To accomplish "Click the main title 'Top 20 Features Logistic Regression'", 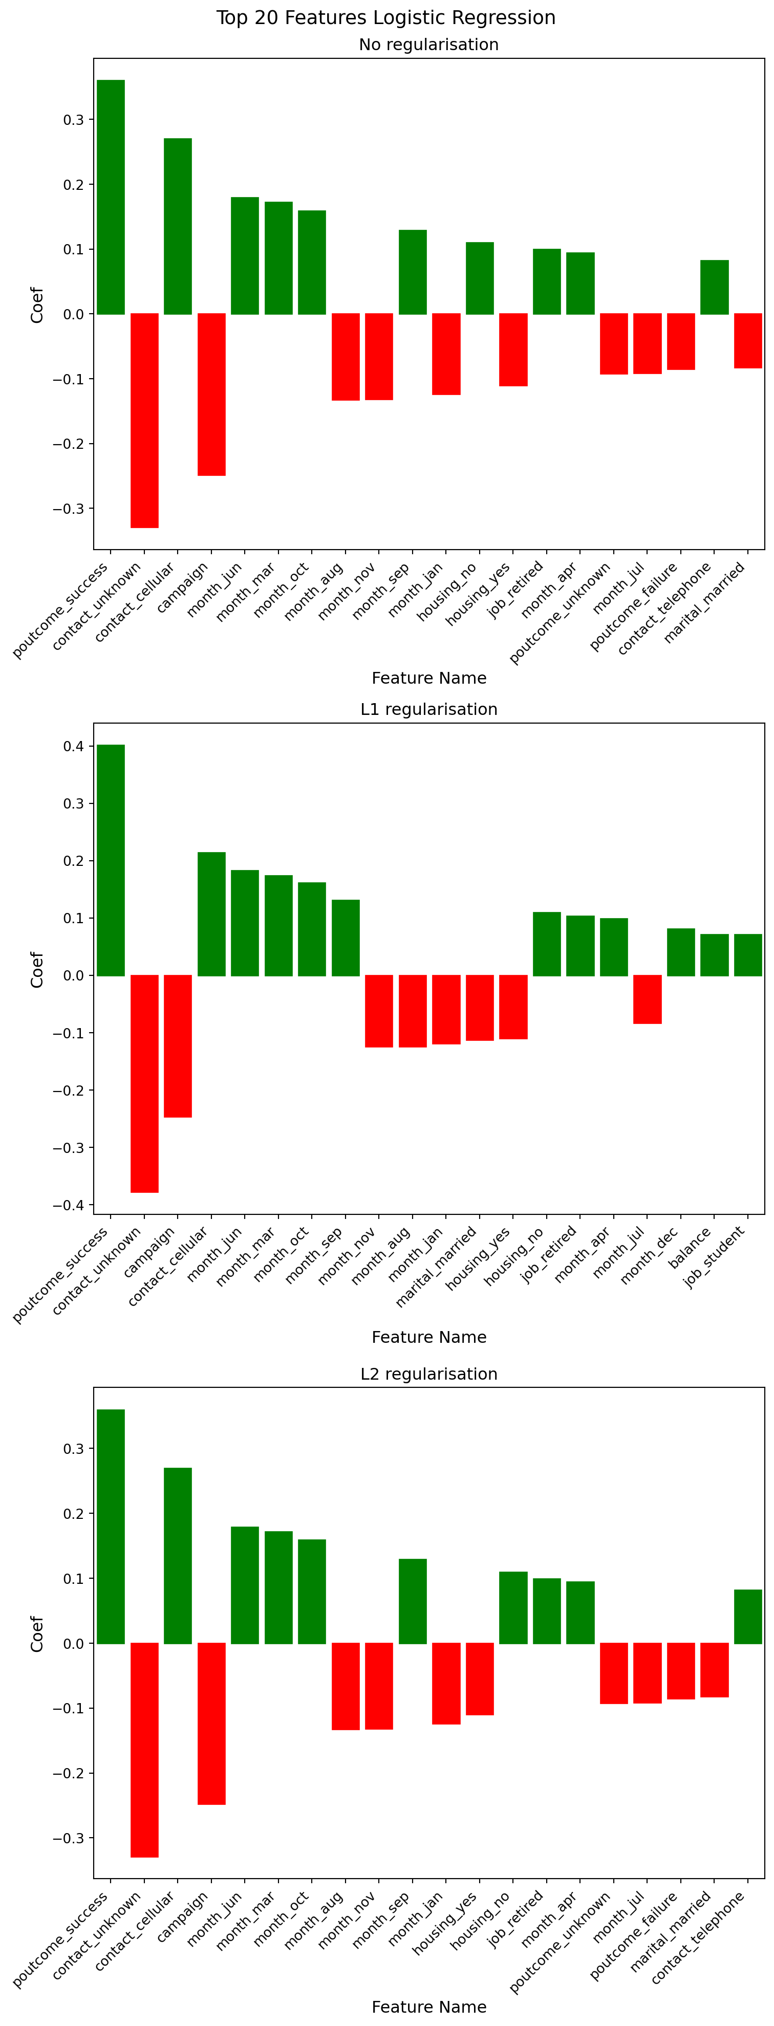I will pos(385,18).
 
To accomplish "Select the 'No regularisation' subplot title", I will pos(428,45).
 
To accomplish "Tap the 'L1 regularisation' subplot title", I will pos(428,709).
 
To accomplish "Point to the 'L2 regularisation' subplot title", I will pos(428,1374).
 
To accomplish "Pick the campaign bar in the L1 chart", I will pos(178,1046).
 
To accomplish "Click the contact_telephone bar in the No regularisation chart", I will pos(714,287).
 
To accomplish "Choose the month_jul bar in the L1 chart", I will pos(648,999).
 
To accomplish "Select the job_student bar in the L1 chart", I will pos(748,955).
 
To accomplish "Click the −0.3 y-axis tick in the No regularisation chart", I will pos(69,509).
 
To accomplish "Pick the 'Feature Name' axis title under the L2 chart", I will pos(428,2007).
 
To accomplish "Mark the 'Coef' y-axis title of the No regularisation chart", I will pos(37,304).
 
